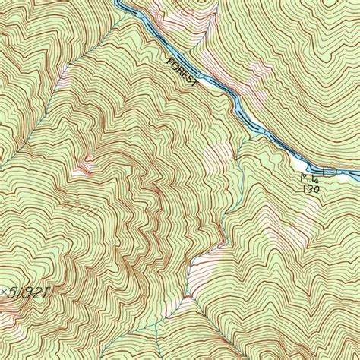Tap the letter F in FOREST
[168, 58]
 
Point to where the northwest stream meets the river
[122, 11]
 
